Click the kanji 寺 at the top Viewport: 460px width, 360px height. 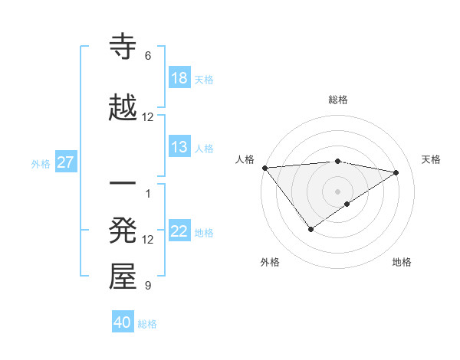pyautogui.click(x=123, y=46)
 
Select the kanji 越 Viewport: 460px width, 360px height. pyautogui.click(x=123, y=108)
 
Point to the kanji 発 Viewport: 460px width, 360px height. pyautogui.click(x=123, y=231)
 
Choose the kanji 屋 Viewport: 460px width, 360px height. pyautogui.click(x=123, y=277)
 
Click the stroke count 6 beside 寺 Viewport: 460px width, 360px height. pyautogui.click(x=148, y=56)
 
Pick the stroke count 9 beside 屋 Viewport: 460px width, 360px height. pyautogui.click(x=148, y=286)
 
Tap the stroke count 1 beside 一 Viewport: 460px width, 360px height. pyautogui.click(x=148, y=193)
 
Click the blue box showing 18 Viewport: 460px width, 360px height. pyautogui.click(x=179, y=78)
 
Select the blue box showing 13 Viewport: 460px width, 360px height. pyautogui.click(x=179, y=147)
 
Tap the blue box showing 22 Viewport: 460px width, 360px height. pyautogui.click(x=179, y=231)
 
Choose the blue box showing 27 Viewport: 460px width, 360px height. pyautogui.click(x=66, y=162)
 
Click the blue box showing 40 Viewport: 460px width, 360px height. pyautogui.click(x=123, y=322)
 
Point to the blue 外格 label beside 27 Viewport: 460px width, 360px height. pyautogui.click(x=41, y=163)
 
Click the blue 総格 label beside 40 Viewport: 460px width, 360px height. pyautogui.click(x=147, y=324)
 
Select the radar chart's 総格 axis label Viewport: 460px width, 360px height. pyautogui.click(x=337, y=100)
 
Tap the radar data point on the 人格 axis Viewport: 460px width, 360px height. pyautogui.click(x=264, y=168)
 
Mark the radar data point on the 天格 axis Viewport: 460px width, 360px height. pyautogui.click(x=396, y=172)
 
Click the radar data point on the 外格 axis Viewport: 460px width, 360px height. pyautogui.click(x=310, y=229)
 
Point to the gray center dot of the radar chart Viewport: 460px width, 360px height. pyautogui.click(x=337, y=191)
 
